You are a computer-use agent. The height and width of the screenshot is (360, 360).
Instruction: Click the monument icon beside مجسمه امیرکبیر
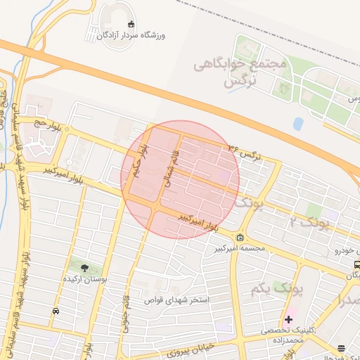(240, 237)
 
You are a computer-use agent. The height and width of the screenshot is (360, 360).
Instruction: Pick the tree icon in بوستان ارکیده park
(85, 267)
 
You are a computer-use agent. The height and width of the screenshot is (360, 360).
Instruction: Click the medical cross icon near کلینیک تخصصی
(288, 319)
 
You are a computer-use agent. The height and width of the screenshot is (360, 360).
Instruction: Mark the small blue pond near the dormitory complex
(298, 124)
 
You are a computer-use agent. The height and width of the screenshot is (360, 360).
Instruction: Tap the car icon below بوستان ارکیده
(56, 310)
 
